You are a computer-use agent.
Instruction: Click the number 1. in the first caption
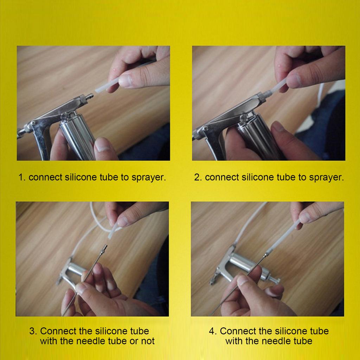point(22,177)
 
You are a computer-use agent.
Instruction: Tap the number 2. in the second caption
point(198,177)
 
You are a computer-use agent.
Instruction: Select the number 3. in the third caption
point(33,331)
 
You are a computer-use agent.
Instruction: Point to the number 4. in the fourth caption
point(213,331)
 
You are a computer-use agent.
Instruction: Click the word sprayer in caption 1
point(149,178)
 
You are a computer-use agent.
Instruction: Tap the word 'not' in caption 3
point(148,341)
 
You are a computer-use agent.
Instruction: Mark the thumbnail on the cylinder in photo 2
point(278,127)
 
